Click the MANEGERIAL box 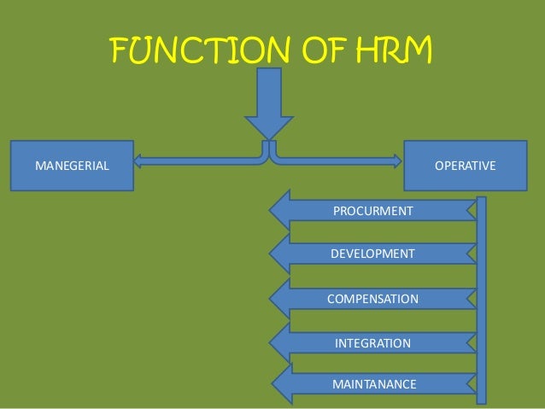pyautogui.click(x=72, y=165)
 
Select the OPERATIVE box pyautogui.click(x=465, y=165)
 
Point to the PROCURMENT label pyautogui.click(x=372, y=210)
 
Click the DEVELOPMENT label pyautogui.click(x=372, y=254)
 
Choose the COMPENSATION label pyautogui.click(x=372, y=299)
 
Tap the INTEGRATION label pyautogui.click(x=372, y=343)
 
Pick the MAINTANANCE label pyautogui.click(x=373, y=384)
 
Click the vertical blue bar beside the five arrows pyautogui.click(x=482, y=299)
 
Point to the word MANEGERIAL pyautogui.click(x=72, y=165)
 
